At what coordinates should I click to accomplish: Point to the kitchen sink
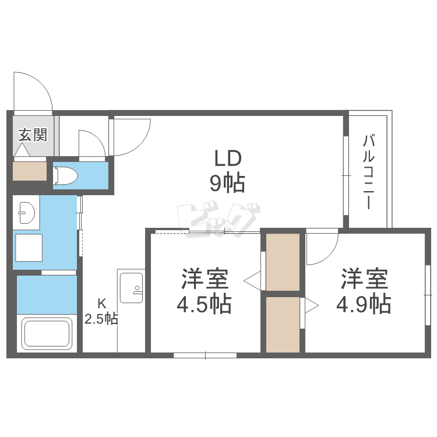pyautogui.click(x=131, y=290)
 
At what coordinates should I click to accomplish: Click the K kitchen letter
pyautogui.click(x=101, y=303)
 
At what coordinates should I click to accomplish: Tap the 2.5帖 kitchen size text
pyautogui.click(x=101, y=319)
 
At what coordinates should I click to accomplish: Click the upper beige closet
pyautogui.click(x=283, y=262)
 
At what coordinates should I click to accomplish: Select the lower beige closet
pyautogui.click(x=283, y=323)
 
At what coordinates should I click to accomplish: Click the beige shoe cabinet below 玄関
pyautogui.click(x=29, y=170)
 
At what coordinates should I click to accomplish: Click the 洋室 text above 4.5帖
pyautogui.click(x=205, y=279)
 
